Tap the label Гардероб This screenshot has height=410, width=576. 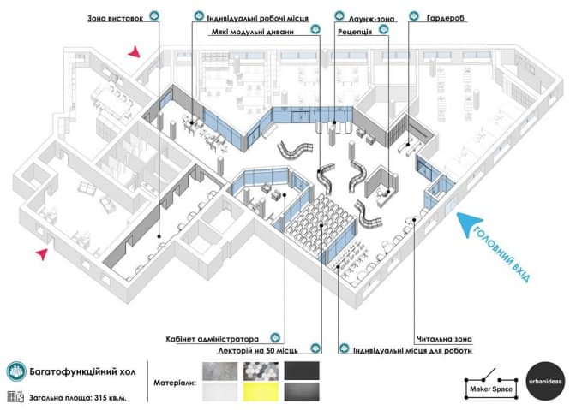(447, 17)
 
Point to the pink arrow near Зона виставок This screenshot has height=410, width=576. (133, 54)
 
